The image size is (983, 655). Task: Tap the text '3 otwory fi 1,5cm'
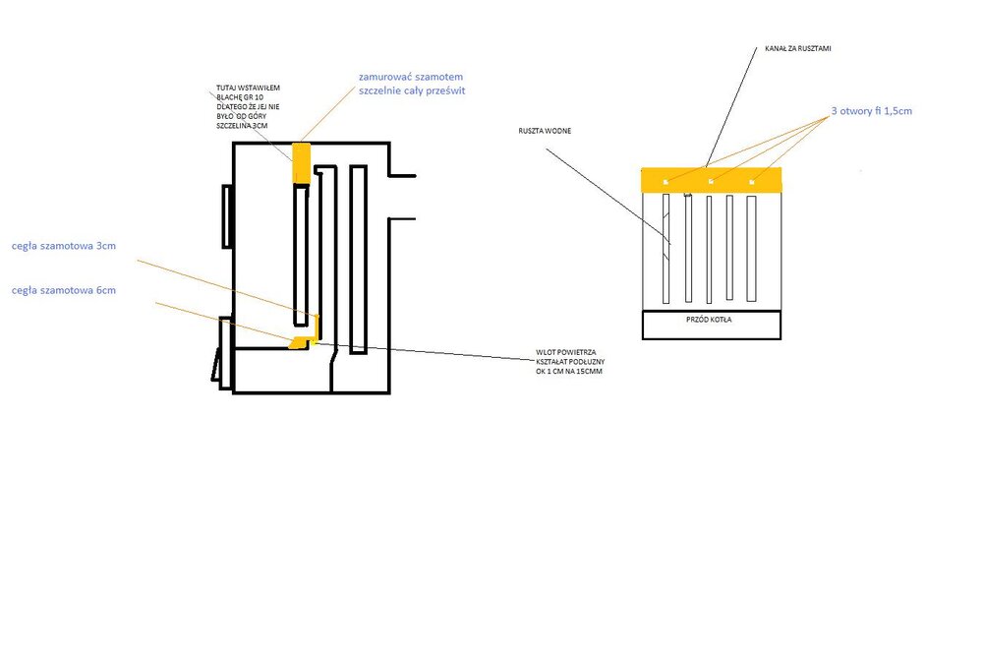872,112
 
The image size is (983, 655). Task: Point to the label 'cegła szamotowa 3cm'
64,246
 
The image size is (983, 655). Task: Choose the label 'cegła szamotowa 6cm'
64,290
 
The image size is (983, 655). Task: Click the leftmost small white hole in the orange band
665,182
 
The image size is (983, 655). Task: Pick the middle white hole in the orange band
710,182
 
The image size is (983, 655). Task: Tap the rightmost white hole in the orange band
752,182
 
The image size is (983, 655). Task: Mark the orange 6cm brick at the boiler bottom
300,340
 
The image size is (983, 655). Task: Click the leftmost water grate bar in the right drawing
666,248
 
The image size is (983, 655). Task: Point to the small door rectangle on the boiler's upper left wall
227,215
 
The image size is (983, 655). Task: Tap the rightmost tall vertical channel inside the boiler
358,259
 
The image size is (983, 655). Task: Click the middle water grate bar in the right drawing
709,250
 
